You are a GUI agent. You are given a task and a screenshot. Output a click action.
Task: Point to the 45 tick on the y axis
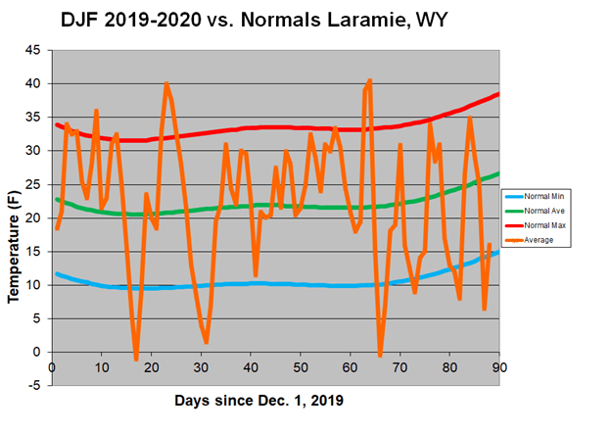[x=33, y=50]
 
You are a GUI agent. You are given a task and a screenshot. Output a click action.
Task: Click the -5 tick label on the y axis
[x=35, y=385]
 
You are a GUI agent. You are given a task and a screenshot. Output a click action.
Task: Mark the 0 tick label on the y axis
[x=37, y=352]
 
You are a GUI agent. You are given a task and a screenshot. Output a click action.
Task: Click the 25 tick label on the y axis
[x=33, y=184]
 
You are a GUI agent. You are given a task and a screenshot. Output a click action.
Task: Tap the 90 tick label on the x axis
[x=498, y=367]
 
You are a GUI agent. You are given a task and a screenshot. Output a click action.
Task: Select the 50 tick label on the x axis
[x=301, y=367]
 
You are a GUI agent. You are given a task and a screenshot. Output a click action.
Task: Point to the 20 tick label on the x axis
[x=152, y=367]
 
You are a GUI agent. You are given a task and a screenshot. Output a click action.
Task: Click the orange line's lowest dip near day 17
[x=136, y=360]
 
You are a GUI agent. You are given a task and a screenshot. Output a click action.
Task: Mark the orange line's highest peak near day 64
[x=370, y=80]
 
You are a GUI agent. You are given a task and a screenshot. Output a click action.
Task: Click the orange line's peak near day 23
[x=166, y=83]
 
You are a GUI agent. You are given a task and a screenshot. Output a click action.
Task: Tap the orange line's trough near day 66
[x=380, y=356]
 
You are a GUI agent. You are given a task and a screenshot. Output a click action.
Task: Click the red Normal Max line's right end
[x=498, y=94]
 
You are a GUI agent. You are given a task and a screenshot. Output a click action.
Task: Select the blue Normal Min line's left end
[x=57, y=273]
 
